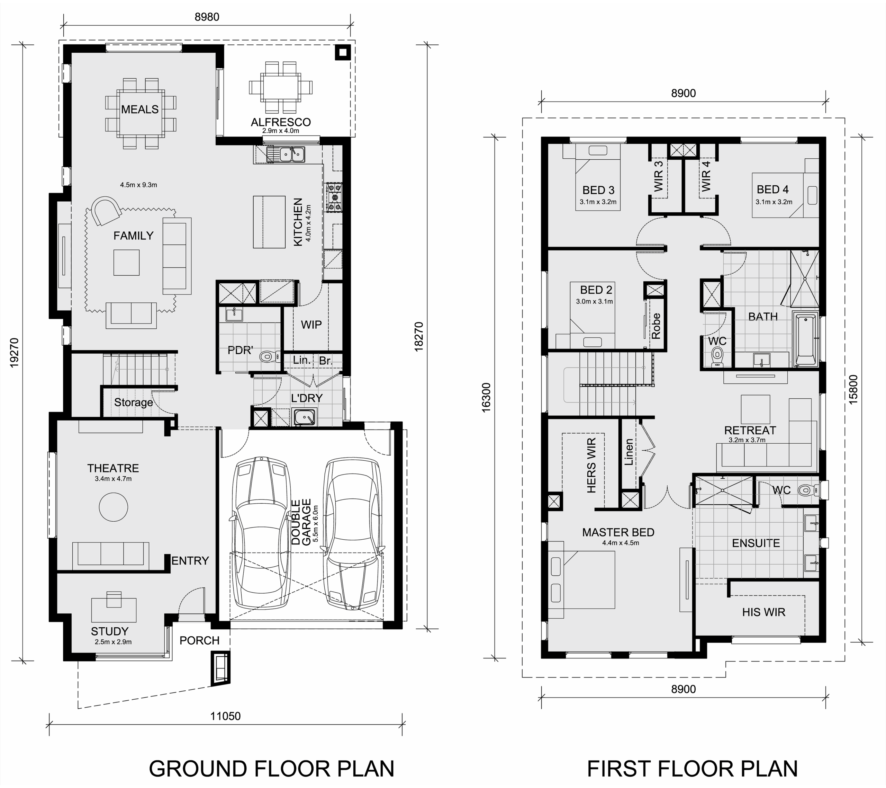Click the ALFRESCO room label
pos(281,122)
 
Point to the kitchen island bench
pos(269,222)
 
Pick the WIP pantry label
pos(311,325)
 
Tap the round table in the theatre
pos(114,507)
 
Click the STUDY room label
pos(110,631)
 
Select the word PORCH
pos(199,640)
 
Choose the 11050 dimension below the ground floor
pos(225,716)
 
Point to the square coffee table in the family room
pos(127,263)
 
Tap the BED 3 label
pos(599,190)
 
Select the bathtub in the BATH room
pos(805,340)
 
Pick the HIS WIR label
pos(764,612)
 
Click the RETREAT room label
pos(750,431)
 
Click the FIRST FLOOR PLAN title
pos(692,769)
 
